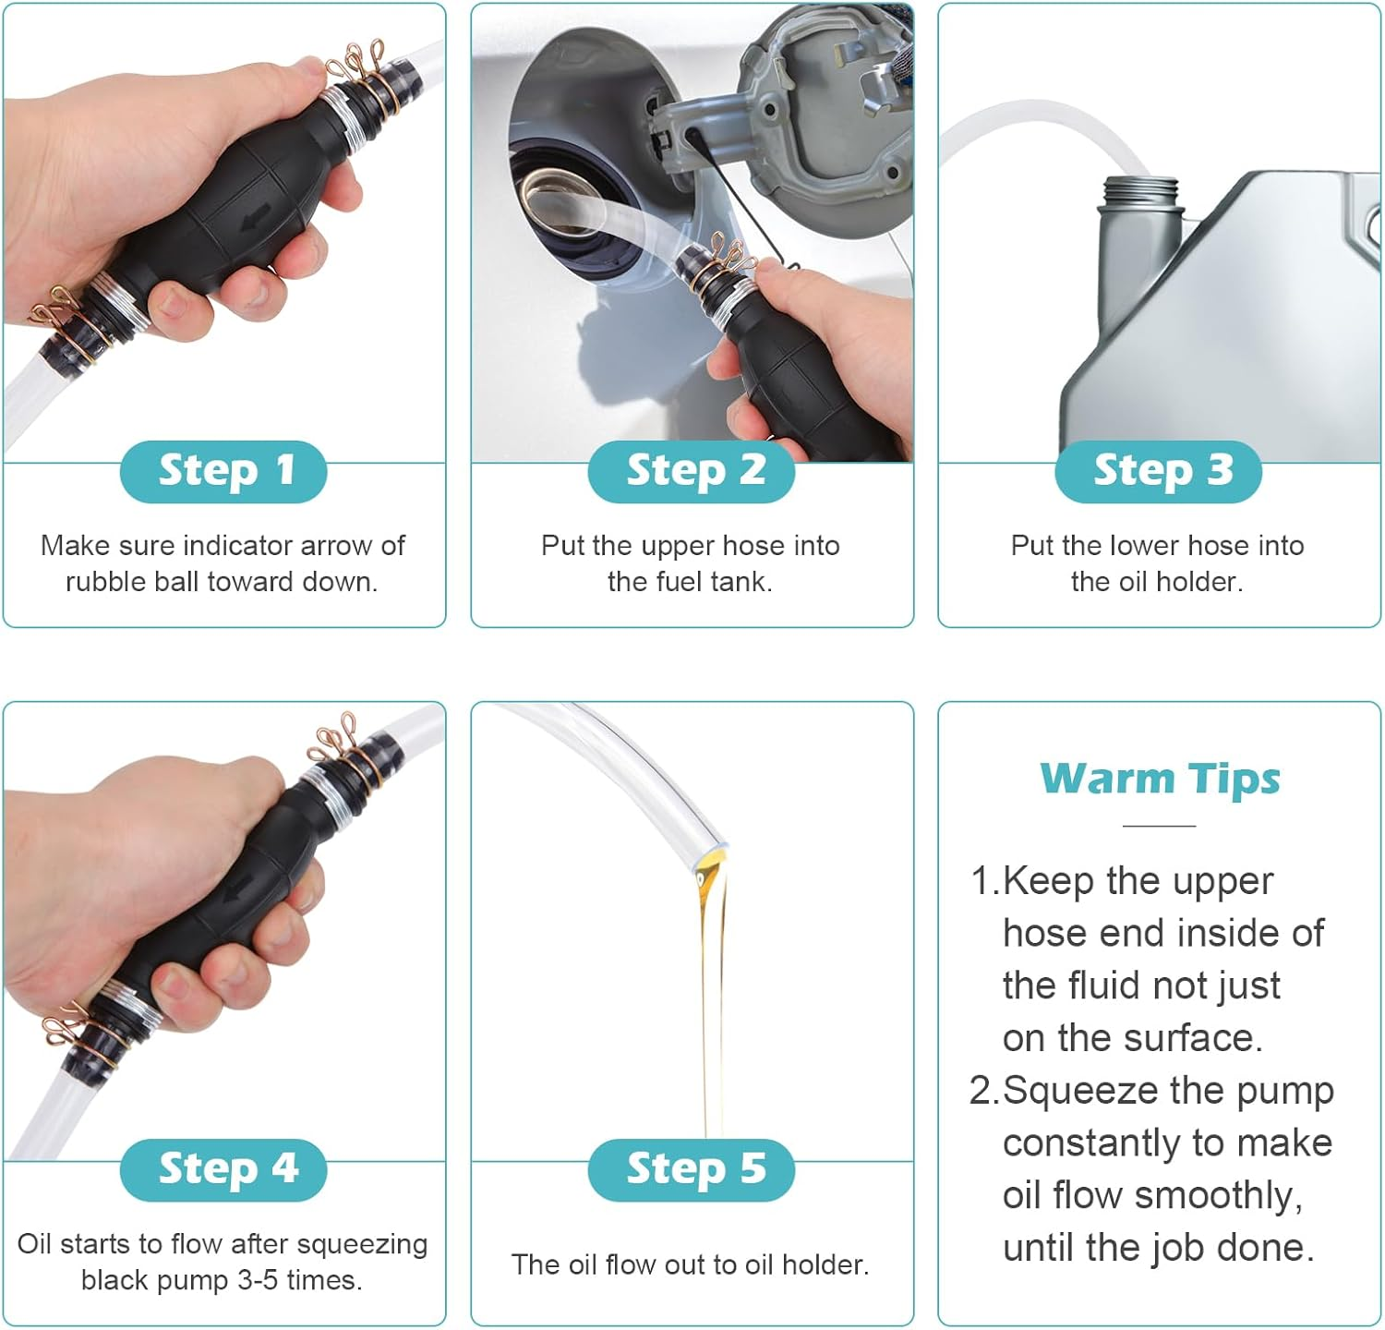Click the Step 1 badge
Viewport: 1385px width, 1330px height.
tap(223, 471)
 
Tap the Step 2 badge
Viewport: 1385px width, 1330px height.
tap(692, 471)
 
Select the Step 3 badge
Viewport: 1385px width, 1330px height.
tap(1159, 471)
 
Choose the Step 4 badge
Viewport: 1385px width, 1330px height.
tap(223, 1169)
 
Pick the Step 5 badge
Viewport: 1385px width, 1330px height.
tap(692, 1169)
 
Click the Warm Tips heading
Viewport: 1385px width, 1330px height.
tap(1160, 779)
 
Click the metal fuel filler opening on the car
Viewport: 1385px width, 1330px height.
tap(551, 199)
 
